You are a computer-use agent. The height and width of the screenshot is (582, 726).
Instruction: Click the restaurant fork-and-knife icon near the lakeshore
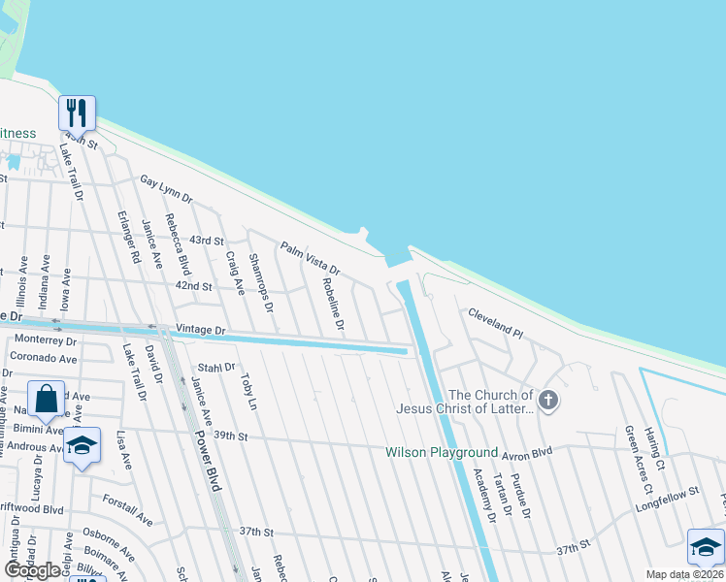click(76, 113)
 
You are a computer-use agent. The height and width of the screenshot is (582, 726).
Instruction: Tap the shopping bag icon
click(46, 398)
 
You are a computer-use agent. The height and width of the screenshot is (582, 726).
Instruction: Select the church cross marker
click(548, 400)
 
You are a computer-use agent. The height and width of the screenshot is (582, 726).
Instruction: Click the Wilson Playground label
click(442, 452)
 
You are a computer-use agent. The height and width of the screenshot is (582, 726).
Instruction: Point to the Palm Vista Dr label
click(311, 257)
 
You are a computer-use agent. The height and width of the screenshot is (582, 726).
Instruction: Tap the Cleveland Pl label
click(495, 323)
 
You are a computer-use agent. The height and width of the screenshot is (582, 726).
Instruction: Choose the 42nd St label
click(193, 286)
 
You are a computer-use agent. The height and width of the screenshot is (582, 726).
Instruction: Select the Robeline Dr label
click(333, 302)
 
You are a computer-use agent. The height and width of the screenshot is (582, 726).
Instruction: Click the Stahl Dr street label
click(216, 368)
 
